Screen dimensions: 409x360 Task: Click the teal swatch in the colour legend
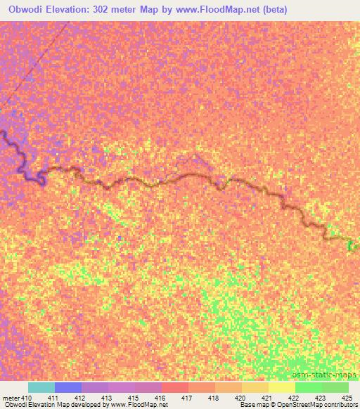41,387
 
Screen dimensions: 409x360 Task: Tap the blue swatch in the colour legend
68,387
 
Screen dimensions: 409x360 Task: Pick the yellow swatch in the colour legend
281,387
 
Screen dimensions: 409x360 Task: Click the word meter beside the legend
11,398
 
